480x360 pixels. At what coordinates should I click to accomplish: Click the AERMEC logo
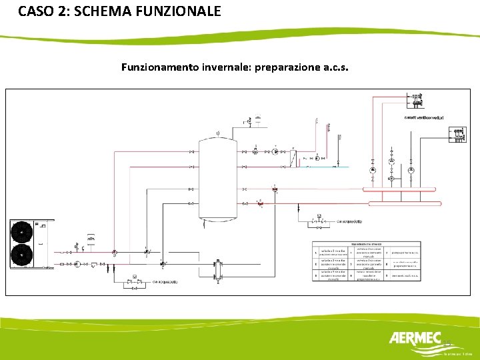(x=414, y=340)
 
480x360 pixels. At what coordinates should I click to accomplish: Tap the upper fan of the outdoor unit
(x=22, y=232)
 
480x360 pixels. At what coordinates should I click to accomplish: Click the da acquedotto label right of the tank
(x=349, y=221)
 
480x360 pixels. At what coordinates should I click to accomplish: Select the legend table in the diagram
(x=366, y=261)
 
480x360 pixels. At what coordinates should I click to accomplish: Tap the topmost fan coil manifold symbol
(x=416, y=101)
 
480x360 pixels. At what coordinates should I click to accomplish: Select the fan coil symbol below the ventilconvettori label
(x=459, y=136)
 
